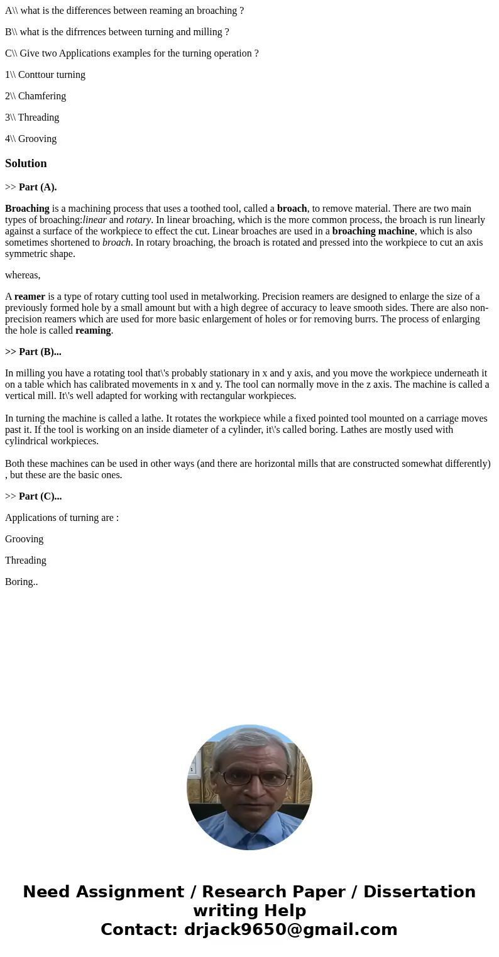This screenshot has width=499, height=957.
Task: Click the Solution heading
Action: tap(26, 163)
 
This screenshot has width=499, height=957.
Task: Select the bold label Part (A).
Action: tap(38, 187)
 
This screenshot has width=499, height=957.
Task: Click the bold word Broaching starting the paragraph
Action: tap(27, 209)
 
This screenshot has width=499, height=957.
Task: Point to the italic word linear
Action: tap(94, 220)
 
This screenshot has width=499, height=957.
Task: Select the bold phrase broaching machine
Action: tap(373, 231)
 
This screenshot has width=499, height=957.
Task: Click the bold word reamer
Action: tap(30, 297)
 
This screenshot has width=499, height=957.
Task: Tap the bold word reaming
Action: tap(93, 331)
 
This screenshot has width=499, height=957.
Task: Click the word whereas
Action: tap(23, 275)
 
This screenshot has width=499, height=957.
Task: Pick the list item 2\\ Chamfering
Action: tap(36, 96)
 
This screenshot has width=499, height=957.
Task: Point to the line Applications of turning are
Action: tap(62, 518)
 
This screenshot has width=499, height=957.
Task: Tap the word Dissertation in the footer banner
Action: tap(419, 892)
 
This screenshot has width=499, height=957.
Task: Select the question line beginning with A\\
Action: tap(124, 11)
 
